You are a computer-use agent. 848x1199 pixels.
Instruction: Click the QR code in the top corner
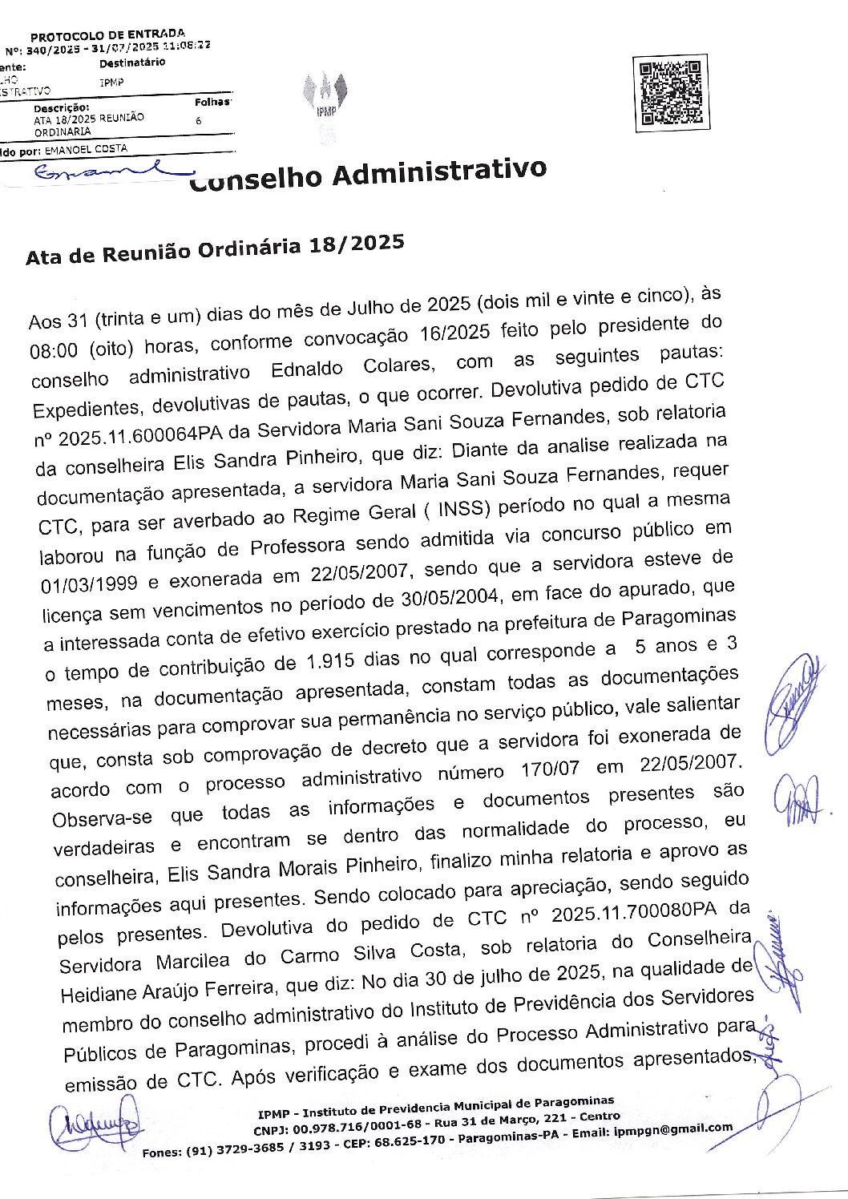click(670, 94)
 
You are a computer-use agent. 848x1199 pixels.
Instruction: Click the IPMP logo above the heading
click(325, 95)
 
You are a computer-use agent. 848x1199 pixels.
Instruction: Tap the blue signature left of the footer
click(95, 1127)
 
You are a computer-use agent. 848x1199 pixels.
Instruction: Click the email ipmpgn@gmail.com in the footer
click(673, 1129)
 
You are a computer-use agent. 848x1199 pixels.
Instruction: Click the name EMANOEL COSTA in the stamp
click(87, 149)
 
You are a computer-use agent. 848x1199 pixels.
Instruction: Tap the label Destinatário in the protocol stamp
click(132, 63)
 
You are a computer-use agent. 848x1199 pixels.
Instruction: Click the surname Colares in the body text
click(397, 367)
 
